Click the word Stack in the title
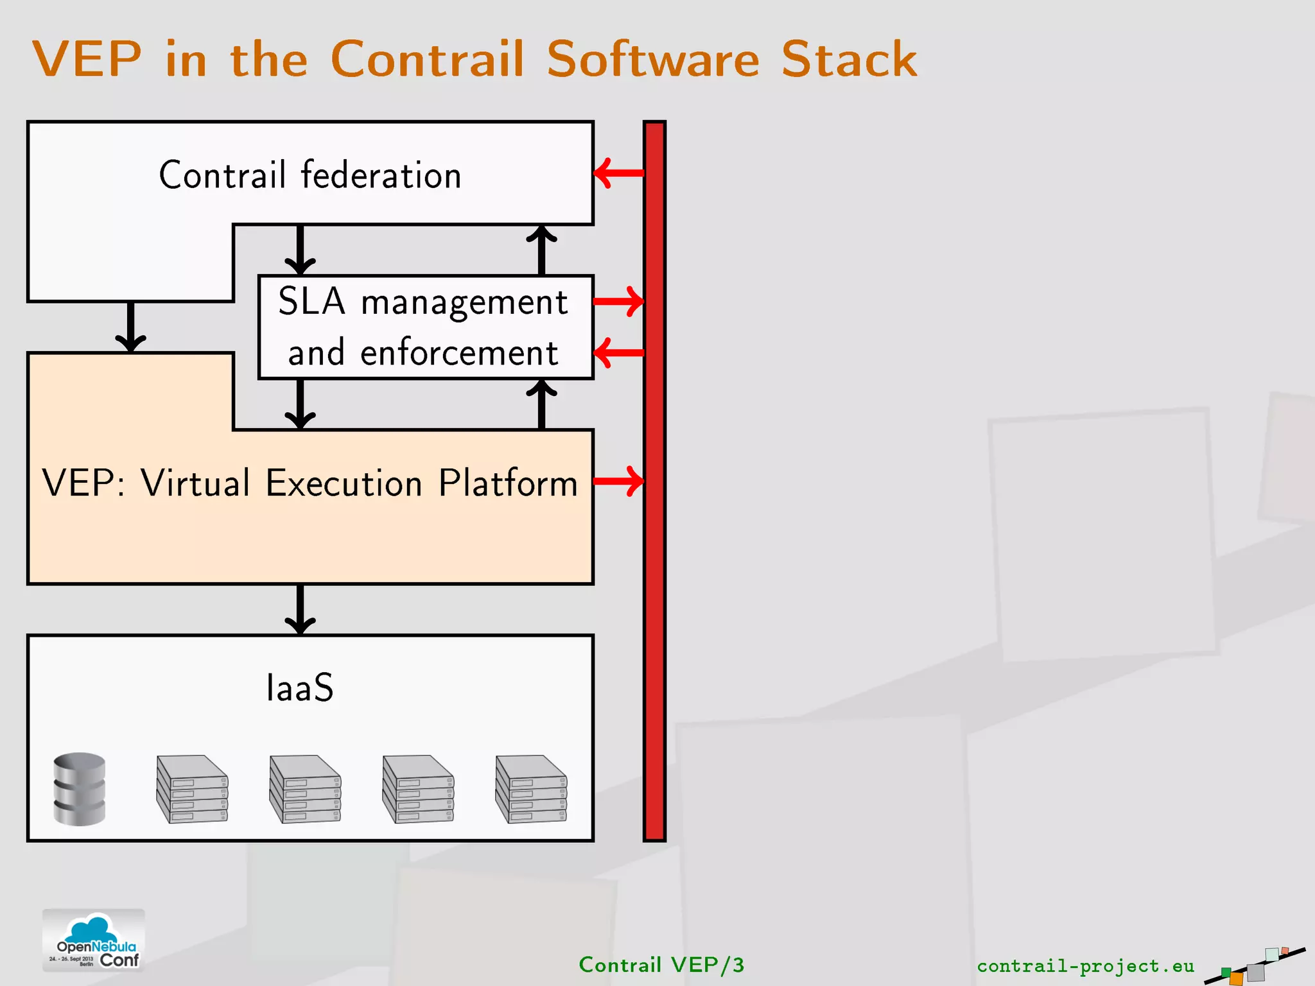pyautogui.click(x=849, y=59)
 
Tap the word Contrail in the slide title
pyautogui.click(x=427, y=59)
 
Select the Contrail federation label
pyautogui.click(x=310, y=175)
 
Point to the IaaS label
pyautogui.click(x=300, y=688)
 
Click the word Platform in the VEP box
pyautogui.click(x=508, y=483)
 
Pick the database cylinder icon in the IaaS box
pyautogui.click(x=80, y=789)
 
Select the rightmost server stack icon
pyautogui.click(x=531, y=789)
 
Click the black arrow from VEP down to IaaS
pyautogui.click(x=300, y=609)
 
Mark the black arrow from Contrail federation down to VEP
pyautogui.click(x=131, y=326)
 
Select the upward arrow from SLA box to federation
pyautogui.click(x=541, y=250)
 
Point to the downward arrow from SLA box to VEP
pyautogui.click(x=300, y=403)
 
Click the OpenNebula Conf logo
pyautogui.click(x=94, y=940)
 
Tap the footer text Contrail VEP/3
pyautogui.click(x=661, y=965)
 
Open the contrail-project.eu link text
pyautogui.click(x=1085, y=966)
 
